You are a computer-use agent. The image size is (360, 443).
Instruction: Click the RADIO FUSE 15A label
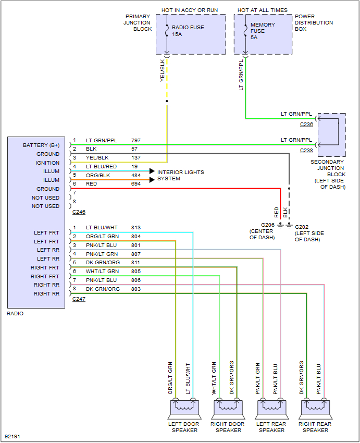click(x=188, y=31)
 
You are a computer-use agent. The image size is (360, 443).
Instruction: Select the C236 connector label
click(x=306, y=125)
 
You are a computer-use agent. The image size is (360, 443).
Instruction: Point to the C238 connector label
click(x=306, y=151)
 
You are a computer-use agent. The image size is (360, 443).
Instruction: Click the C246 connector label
click(x=79, y=212)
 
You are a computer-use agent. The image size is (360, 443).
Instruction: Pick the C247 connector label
click(x=79, y=299)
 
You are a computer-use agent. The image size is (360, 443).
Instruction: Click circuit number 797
click(x=135, y=141)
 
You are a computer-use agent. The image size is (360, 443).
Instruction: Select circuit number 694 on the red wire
click(x=135, y=184)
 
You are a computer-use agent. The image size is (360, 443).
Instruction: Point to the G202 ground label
click(x=302, y=227)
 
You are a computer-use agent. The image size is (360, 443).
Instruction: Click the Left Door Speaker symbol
click(x=184, y=407)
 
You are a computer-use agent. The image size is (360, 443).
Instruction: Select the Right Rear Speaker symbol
click(x=315, y=407)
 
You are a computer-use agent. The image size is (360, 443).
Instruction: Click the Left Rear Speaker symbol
click(x=271, y=407)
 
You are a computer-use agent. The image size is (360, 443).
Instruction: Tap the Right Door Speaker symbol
click(x=228, y=407)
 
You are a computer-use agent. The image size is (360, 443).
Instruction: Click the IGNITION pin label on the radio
click(x=48, y=163)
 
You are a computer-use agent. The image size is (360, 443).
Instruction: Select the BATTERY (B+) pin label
click(x=41, y=145)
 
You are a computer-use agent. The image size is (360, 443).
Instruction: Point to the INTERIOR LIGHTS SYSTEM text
click(x=180, y=175)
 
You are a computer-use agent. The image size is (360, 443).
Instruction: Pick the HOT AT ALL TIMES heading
click(x=263, y=10)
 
